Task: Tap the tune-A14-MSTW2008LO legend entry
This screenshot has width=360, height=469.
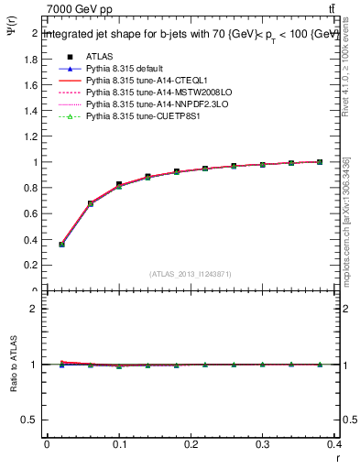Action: [147, 93]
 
